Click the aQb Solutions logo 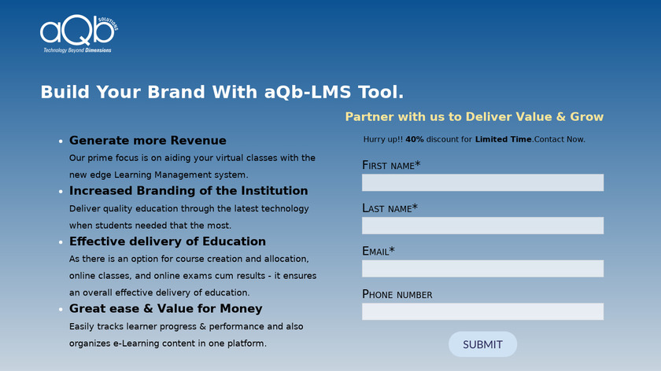point(79,34)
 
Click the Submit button point(482,344)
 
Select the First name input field point(482,182)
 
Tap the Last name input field point(482,226)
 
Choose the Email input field point(482,269)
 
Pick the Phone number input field point(482,311)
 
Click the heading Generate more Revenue point(148,140)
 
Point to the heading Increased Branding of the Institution point(188,191)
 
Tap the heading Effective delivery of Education point(168,241)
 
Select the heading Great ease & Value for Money point(166,309)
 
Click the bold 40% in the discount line point(415,139)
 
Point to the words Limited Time point(504,139)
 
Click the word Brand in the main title point(175,92)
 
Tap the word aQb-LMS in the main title point(308,92)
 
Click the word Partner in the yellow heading point(369,116)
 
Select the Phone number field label point(397,294)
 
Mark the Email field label point(379,251)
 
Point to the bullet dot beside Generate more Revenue point(61,141)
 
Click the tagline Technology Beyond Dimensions point(77,50)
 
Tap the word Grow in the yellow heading point(586,116)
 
